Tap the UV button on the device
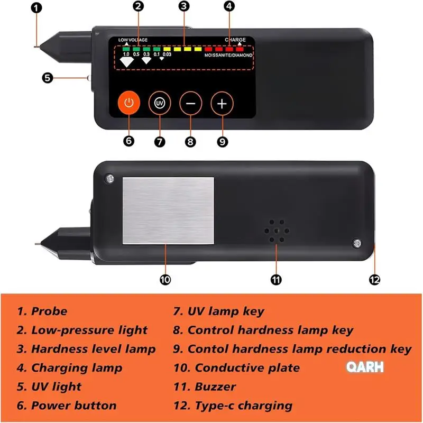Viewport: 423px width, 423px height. (160, 103)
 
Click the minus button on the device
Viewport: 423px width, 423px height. (191, 103)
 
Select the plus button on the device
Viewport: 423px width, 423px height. (222, 104)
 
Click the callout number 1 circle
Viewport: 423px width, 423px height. (36, 8)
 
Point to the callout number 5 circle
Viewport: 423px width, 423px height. (48, 78)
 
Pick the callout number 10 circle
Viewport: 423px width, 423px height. (165, 280)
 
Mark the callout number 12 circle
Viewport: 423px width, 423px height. (374, 280)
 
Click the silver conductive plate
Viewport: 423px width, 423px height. (168, 210)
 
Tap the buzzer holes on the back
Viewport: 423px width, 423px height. (277, 231)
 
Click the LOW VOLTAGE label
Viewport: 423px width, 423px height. (133, 40)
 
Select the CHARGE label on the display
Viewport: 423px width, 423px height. (235, 40)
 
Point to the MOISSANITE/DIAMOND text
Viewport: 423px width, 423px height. (228, 56)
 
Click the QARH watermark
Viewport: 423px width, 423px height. (365, 367)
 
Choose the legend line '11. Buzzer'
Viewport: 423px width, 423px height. (205, 387)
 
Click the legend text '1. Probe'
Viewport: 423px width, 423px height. (42, 311)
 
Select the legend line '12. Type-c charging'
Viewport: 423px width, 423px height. (233, 406)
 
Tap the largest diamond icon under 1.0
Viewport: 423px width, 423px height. (126, 62)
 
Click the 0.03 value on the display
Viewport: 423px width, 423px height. (167, 54)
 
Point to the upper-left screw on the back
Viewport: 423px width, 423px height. (109, 178)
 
